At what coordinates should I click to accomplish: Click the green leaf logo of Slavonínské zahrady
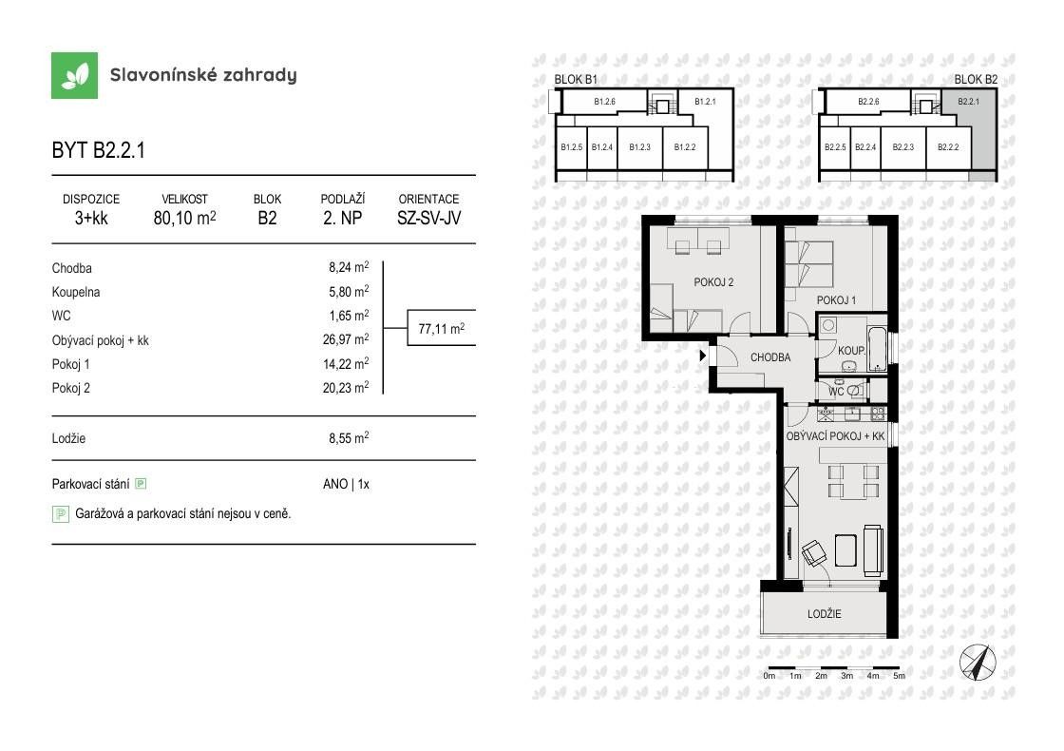[75, 76]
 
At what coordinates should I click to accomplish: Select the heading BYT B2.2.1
[99, 151]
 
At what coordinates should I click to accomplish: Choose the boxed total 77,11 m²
[441, 330]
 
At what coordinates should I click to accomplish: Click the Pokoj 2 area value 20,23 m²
[346, 388]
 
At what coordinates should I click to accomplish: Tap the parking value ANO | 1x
[346, 484]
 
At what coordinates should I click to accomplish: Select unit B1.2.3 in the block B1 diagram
[639, 147]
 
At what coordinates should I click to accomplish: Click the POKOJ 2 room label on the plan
[712, 281]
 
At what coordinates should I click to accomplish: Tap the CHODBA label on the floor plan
[770, 358]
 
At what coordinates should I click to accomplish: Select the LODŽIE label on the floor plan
[825, 614]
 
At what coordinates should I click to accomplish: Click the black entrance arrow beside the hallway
[703, 356]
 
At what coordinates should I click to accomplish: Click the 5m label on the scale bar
[899, 676]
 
